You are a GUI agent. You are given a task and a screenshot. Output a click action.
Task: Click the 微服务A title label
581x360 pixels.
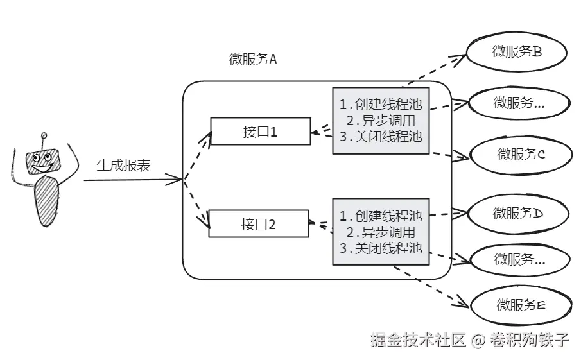[253, 59]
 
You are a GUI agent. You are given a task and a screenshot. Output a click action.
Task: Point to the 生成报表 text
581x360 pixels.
[123, 166]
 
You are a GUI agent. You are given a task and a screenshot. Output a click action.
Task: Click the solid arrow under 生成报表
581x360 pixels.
[133, 180]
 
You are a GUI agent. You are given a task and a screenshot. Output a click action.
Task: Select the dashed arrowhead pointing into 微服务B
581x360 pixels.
[459, 59]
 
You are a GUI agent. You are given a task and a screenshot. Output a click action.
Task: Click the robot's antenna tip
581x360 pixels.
[44, 135]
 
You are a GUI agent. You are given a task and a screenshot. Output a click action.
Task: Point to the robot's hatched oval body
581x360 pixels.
[46, 201]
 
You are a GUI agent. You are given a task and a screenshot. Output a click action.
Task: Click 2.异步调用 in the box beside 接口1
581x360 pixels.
[381, 121]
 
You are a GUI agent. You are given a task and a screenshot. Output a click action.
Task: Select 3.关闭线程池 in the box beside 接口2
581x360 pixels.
[381, 248]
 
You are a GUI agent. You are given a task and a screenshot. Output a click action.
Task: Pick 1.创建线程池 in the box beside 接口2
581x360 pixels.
[381, 216]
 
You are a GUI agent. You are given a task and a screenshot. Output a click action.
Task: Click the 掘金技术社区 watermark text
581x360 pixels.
[419, 339]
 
